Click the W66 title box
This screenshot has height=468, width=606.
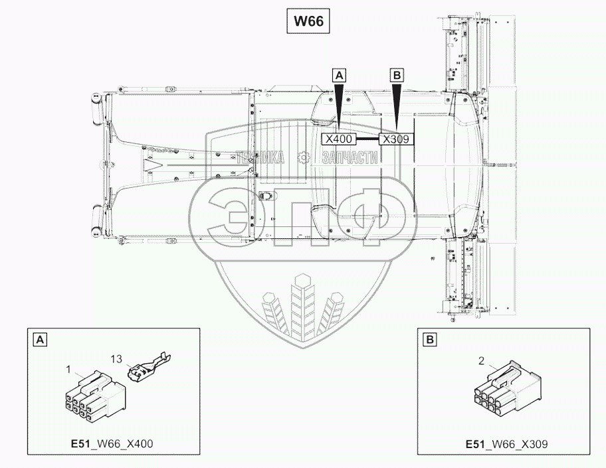(308, 21)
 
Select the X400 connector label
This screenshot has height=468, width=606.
(340, 139)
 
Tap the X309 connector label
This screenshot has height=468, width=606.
(396, 139)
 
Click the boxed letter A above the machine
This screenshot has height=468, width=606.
(339, 76)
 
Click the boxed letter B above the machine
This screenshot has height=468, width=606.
(397, 76)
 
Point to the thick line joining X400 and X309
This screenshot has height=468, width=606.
(367, 139)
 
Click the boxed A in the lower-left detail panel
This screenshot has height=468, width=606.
(41, 340)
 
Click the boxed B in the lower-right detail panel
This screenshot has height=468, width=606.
(430, 340)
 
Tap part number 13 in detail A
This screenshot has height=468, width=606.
(116, 359)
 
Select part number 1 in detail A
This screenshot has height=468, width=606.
(68, 370)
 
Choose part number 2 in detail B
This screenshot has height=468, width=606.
(481, 361)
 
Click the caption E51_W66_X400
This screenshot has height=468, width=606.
(112, 444)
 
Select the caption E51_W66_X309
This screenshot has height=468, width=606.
(507, 445)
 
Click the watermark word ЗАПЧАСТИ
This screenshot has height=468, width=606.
(350, 157)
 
